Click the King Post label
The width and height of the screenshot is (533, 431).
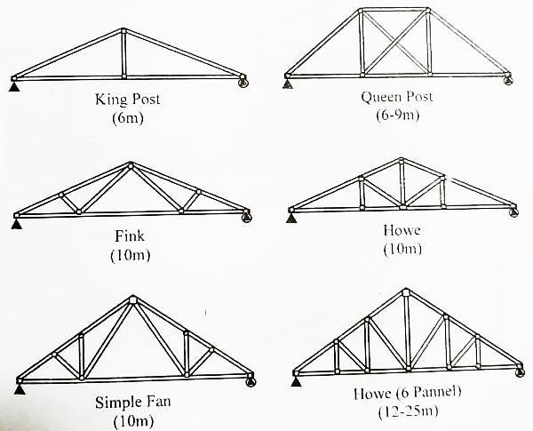click(x=126, y=99)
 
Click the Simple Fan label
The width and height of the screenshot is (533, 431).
click(x=132, y=402)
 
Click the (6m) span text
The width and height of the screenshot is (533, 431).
click(x=126, y=116)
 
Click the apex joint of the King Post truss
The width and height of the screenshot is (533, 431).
click(x=123, y=32)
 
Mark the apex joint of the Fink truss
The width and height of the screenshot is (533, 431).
click(x=131, y=165)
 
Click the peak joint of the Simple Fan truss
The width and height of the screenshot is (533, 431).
click(x=132, y=300)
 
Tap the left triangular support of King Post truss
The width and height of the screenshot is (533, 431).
click(x=13, y=85)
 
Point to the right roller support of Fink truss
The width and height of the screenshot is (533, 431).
click(x=248, y=217)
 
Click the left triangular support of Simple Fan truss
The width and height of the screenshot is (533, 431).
click(x=20, y=387)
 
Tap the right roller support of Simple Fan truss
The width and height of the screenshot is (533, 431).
click(x=251, y=382)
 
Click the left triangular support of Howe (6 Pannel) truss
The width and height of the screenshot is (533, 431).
click(x=296, y=382)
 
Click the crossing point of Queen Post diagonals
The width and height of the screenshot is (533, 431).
click(x=394, y=42)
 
